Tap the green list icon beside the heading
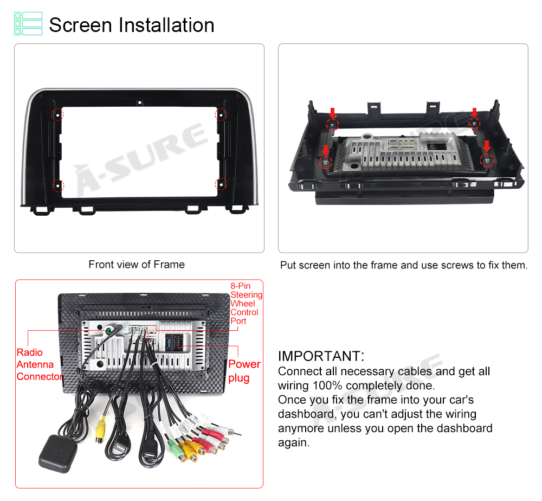coord(28,23)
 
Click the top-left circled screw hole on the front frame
coord(58,114)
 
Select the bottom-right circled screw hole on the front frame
coord(221,185)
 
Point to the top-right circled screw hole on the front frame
coord(221,114)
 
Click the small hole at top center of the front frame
coord(140,102)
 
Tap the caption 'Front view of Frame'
coord(137,265)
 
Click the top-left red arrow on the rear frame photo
coord(332,113)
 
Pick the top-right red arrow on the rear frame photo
coord(475,113)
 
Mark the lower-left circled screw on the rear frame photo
coord(325,162)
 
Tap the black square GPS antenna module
coord(58,454)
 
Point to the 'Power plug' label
coord(244,371)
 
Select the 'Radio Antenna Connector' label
coord(40,364)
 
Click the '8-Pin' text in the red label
coord(241,286)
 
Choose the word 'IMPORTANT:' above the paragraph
coord(321,356)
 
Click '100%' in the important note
coord(327,386)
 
